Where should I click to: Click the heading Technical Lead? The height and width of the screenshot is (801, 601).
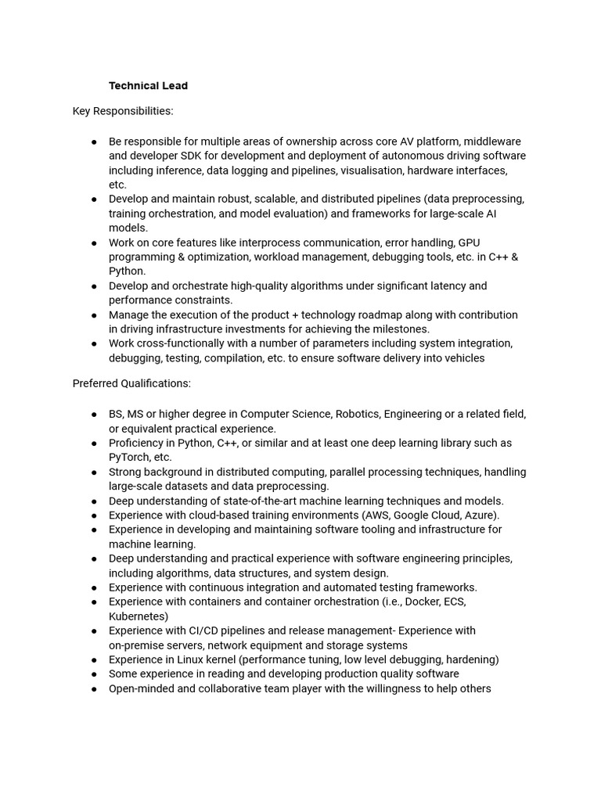148,85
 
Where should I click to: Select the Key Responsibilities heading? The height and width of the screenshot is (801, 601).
123,111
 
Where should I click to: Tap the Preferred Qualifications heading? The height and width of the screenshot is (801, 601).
131,383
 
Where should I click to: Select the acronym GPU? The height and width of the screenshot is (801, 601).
469,242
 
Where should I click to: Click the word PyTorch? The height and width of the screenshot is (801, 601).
131,457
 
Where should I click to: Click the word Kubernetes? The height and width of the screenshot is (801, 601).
136,616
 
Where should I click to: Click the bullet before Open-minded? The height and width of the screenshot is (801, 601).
94,689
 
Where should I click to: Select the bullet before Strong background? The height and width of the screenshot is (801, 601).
94,472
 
